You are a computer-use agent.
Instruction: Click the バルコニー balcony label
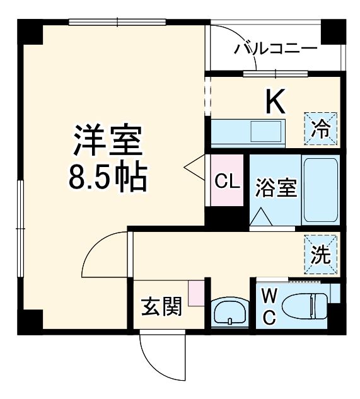point(276,49)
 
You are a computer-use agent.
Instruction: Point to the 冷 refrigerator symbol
point(322,128)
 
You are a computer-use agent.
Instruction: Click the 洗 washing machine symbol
point(321,253)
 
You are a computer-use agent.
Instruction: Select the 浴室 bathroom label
point(276,188)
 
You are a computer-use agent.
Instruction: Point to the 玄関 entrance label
point(161,307)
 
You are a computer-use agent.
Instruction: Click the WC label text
point(269,306)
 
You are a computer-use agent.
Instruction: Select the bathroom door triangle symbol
point(261,217)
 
